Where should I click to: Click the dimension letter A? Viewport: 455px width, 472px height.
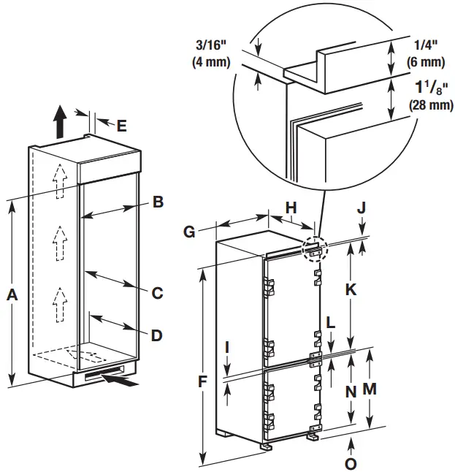point(10,294)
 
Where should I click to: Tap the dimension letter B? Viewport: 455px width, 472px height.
point(157,202)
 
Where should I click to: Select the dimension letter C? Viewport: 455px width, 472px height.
point(157,294)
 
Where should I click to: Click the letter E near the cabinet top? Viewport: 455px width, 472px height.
point(121,125)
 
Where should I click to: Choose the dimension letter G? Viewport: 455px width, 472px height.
point(188,232)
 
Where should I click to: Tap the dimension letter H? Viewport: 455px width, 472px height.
point(291,209)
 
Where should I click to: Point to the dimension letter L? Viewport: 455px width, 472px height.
point(331,321)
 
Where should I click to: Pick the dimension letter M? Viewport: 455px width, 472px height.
point(370,389)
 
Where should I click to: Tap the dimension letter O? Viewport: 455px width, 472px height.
point(351,463)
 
